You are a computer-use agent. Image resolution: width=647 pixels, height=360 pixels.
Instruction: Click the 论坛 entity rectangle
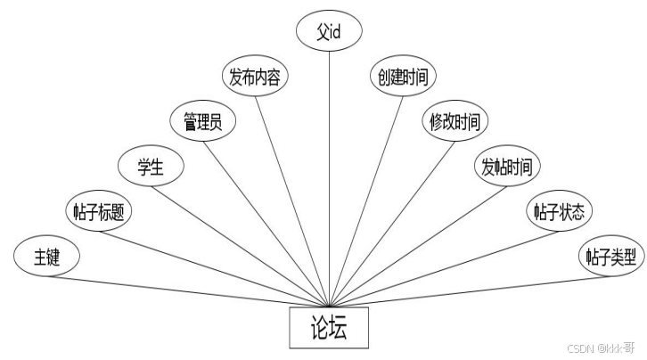coord(329,328)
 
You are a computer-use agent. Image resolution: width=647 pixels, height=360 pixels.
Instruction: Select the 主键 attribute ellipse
coord(46,258)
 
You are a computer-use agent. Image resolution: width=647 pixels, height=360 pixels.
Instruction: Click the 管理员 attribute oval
coord(202,122)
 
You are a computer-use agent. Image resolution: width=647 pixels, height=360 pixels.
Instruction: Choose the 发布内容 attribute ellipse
coord(255,77)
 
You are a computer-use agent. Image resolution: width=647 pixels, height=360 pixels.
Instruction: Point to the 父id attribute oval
coord(329,31)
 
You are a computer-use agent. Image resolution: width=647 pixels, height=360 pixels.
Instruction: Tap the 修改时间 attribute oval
coord(455,122)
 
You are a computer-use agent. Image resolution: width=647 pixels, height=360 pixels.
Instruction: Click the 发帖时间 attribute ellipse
coord(506,167)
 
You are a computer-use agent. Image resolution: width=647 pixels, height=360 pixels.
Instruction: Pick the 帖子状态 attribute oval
coord(560,212)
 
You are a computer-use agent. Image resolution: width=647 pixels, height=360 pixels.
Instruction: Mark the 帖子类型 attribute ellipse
coord(610,258)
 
